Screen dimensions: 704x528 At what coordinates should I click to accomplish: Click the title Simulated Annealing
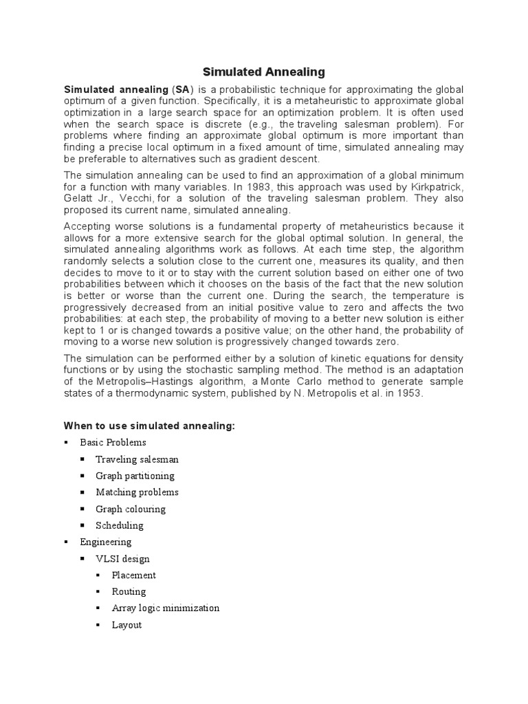[264, 71]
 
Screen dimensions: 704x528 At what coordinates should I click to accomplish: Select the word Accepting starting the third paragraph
[87, 225]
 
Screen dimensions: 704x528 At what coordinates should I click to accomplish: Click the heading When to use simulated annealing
[149, 426]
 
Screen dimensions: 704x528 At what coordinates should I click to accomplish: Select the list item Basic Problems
[113, 443]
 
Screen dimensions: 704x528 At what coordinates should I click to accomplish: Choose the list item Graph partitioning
[135, 476]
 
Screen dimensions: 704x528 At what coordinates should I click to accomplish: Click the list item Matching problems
[137, 492]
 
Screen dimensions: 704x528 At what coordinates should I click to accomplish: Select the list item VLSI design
[122, 559]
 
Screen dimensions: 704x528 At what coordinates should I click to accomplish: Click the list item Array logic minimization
[166, 608]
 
